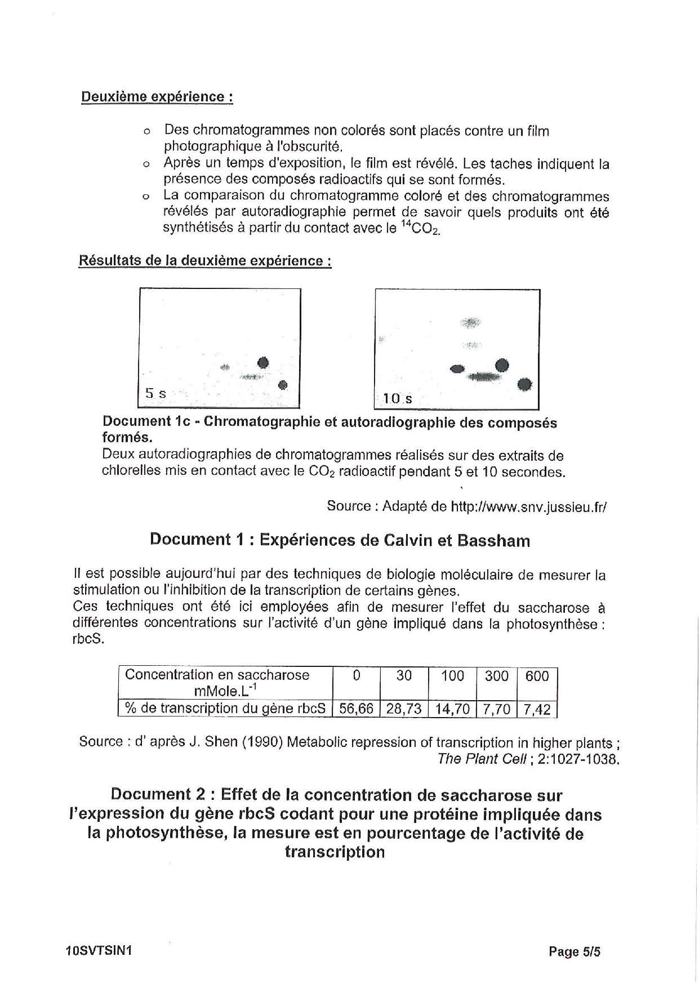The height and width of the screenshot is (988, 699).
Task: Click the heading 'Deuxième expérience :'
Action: click(157, 96)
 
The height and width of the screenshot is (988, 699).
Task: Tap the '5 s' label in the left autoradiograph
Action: click(155, 393)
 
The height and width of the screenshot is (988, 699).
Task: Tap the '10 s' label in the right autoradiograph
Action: click(397, 399)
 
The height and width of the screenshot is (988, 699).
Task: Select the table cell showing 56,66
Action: click(356, 709)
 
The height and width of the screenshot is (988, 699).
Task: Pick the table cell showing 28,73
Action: click(404, 709)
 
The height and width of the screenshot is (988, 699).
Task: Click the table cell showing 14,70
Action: click(452, 709)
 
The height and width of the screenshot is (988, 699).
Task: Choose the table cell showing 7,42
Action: click(537, 709)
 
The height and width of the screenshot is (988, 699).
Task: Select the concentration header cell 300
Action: click(496, 676)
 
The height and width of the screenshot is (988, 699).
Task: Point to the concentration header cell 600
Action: click(537, 676)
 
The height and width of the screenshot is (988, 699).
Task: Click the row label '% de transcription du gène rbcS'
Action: click(225, 709)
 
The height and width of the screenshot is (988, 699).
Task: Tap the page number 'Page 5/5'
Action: click(575, 952)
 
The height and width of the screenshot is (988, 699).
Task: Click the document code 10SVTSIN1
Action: click(99, 951)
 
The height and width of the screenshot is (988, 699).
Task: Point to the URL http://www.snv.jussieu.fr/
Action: click(529, 506)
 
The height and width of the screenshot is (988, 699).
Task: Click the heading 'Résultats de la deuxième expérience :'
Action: click(205, 261)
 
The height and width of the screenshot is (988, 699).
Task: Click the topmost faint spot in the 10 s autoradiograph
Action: click(470, 322)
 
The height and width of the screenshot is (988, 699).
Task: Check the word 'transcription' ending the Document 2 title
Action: click(335, 852)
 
